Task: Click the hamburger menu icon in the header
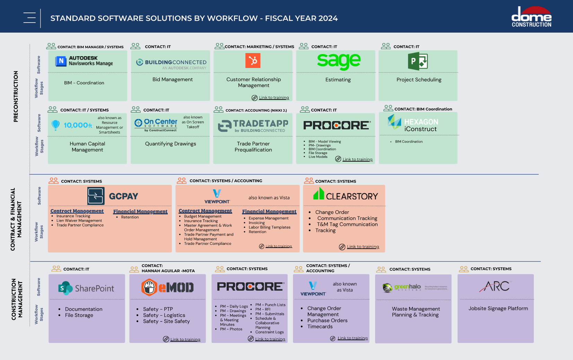[29, 18]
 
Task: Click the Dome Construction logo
[531, 17]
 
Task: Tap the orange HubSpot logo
[253, 61]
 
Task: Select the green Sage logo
[339, 61]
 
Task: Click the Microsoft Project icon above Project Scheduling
[418, 61]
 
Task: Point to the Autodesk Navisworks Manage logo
[84, 61]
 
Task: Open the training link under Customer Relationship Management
[274, 98]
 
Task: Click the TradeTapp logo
[253, 126]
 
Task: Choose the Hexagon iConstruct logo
[413, 124]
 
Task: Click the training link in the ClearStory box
[363, 247]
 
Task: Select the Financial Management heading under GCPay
[140, 212]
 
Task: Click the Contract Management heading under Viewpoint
[205, 211]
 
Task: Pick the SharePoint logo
[86, 288]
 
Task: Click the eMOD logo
[167, 287]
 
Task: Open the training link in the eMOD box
[185, 340]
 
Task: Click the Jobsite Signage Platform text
[498, 308]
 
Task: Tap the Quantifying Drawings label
[171, 144]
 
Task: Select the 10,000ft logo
[72, 125]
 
